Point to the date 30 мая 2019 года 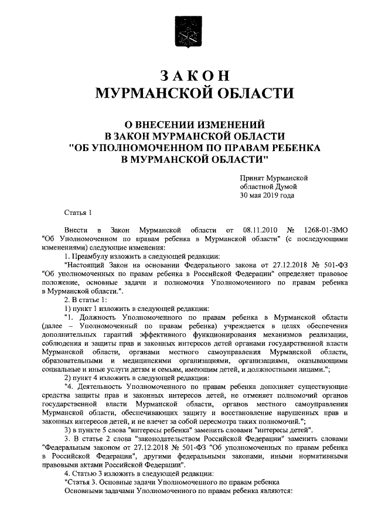coord(267,196)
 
